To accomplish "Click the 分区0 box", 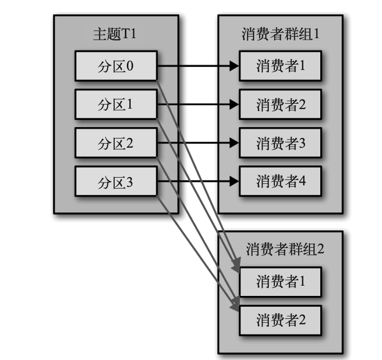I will (x=116, y=66).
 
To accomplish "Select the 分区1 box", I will (x=116, y=104).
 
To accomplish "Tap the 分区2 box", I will (x=116, y=143).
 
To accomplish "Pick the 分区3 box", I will (x=116, y=182).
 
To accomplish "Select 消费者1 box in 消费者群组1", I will (x=280, y=66).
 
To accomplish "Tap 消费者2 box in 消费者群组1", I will (x=280, y=104).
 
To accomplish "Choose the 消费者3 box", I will (x=280, y=143).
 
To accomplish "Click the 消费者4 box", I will (x=280, y=182).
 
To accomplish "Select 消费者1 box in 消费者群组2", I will (x=280, y=281).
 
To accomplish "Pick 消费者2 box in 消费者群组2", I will (x=280, y=320).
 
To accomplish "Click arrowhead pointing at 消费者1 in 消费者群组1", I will (x=234, y=66).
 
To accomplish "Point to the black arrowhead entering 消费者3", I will (x=234, y=143).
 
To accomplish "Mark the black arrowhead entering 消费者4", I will (x=234, y=182).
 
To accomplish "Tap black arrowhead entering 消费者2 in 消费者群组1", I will (x=234, y=104).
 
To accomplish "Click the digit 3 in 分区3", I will (x=130, y=182).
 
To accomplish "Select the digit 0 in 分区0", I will (x=130, y=66).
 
